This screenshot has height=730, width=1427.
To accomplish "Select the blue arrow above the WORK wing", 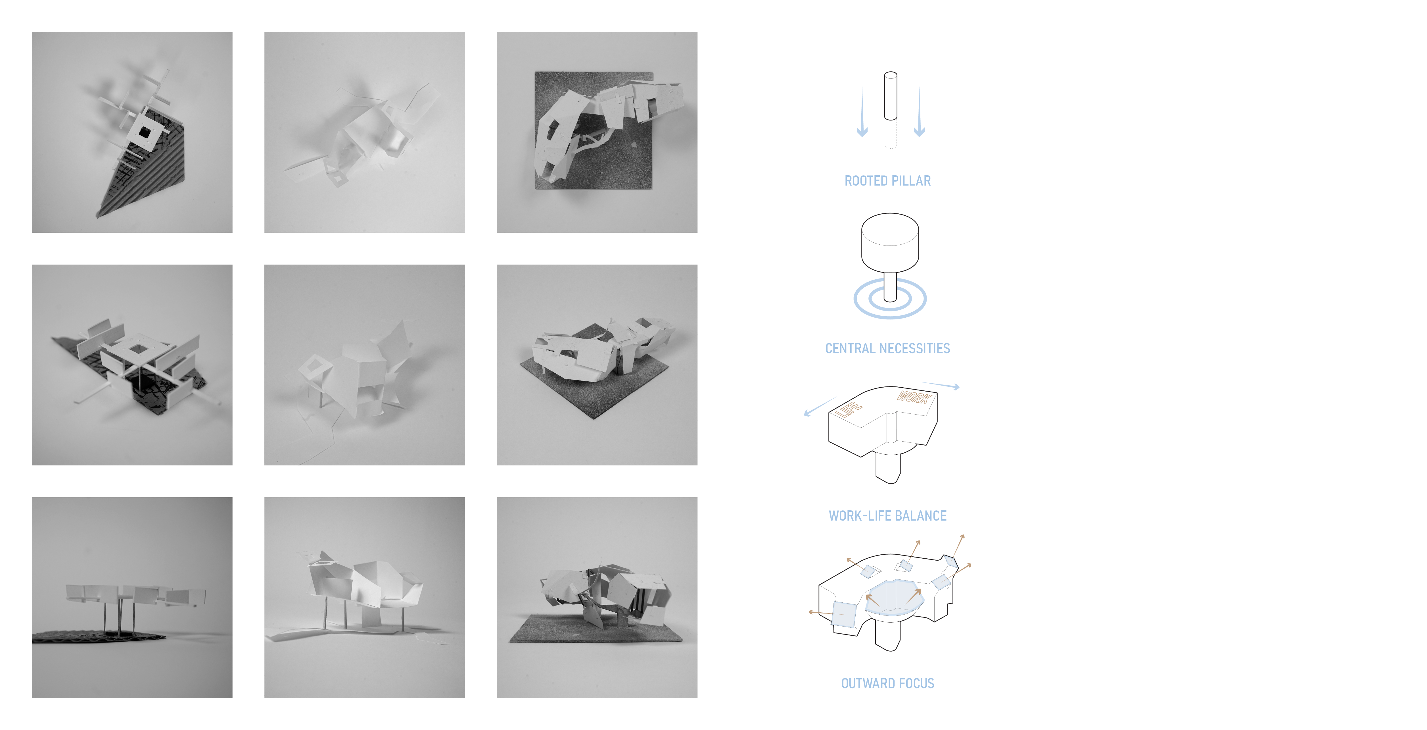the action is pos(940,385).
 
